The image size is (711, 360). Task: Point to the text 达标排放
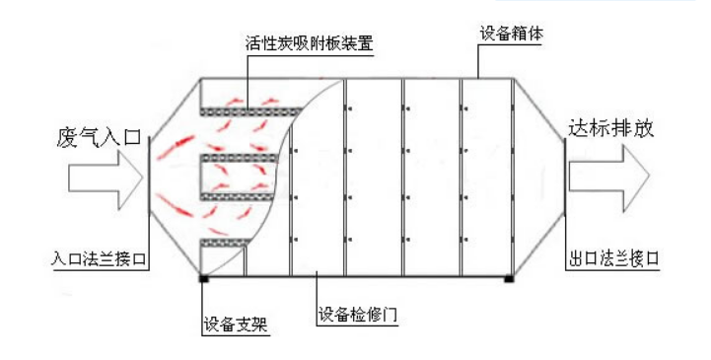[x=611, y=129]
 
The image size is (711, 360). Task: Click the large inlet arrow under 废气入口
[x=105, y=178]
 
